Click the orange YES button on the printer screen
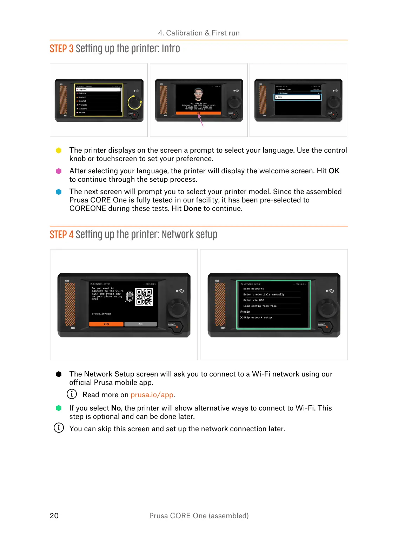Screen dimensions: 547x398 106,324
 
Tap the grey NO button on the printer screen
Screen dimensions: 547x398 140,324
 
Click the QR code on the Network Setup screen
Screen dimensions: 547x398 144,297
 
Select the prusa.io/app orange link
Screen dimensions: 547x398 152,395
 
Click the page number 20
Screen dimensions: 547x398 54,516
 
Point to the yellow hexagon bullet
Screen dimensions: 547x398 59,151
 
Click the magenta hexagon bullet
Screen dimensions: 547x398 59,171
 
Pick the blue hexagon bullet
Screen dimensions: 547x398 59,192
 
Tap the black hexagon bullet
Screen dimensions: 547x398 59,374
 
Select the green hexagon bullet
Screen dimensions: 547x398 59,408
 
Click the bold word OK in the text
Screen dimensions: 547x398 334,171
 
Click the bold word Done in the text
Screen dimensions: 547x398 192,209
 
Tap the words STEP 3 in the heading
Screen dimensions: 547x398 61,49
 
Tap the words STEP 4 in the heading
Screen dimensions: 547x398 61,235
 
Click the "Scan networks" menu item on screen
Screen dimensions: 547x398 254,289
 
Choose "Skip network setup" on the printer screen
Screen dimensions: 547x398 257,318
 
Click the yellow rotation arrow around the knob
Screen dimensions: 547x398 135,102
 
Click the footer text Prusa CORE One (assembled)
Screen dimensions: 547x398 199,516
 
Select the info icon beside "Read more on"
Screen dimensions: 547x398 72,394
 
